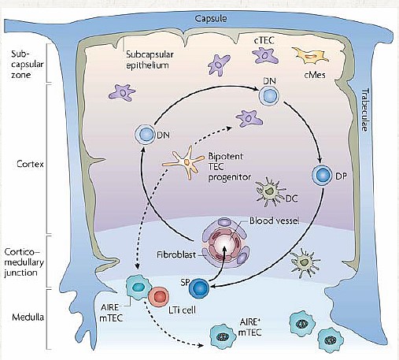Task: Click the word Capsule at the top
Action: pyautogui.click(x=211, y=19)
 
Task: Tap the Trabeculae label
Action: pyautogui.click(x=365, y=109)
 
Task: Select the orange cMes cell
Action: pyautogui.click(x=310, y=56)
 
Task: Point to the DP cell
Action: pyautogui.click(x=322, y=175)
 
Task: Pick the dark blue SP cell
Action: pyautogui.click(x=199, y=288)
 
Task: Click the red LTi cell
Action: pyautogui.click(x=158, y=297)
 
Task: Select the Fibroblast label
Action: pyautogui.click(x=176, y=254)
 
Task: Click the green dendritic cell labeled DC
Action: pyautogui.click(x=269, y=192)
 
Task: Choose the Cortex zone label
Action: pyautogui.click(x=30, y=164)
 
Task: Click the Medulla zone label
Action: pyautogui.click(x=28, y=317)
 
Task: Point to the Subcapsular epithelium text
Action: pyautogui.click(x=150, y=60)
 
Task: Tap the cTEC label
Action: pyautogui.click(x=264, y=40)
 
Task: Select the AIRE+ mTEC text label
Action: pyautogui.click(x=249, y=327)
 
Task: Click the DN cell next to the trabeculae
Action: pyautogui.click(x=269, y=96)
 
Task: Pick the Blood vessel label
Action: pyautogui.click(x=274, y=221)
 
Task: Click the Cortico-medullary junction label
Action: pyautogui.click(x=24, y=262)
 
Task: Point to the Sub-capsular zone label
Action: pyautogui.click(x=27, y=65)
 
